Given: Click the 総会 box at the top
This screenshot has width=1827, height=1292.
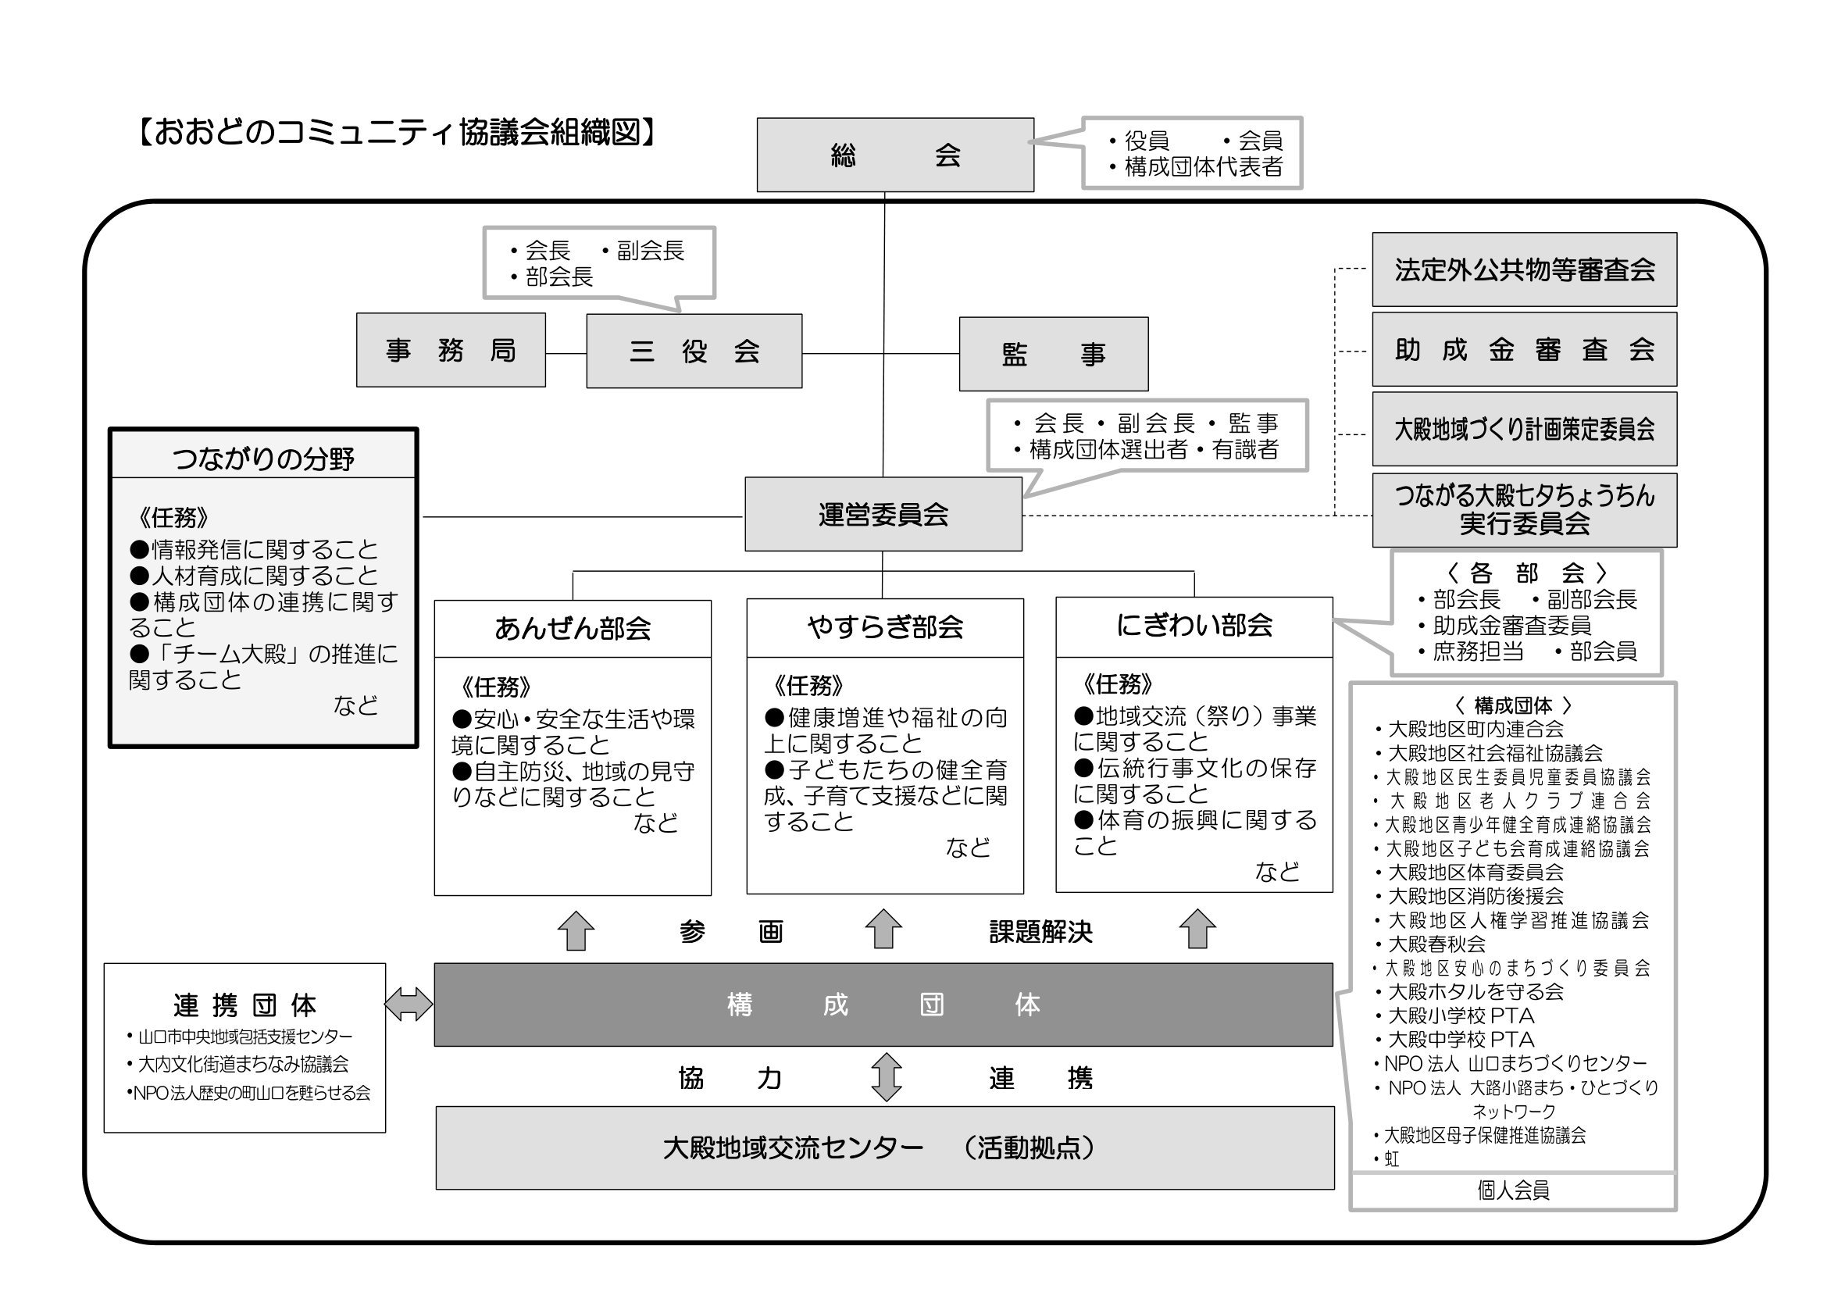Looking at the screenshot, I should [x=894, y=155].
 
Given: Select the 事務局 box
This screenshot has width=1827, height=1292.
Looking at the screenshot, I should [x=451, y=350].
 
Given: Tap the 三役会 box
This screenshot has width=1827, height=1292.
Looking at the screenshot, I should [x=694, y=351].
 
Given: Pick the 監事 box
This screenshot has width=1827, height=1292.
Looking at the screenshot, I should [x=1053, y=354].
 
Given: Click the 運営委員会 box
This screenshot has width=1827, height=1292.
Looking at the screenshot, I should [x=883, y=515].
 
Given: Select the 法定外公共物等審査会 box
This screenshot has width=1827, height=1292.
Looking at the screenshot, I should [x=1524, y=269].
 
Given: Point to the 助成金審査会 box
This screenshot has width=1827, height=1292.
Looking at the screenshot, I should [x=1524, y=349].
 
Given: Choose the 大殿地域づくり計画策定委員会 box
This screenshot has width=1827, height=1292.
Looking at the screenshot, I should [x=1524, y=430].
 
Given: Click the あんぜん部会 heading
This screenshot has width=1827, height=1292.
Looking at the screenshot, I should [x=572, y=629].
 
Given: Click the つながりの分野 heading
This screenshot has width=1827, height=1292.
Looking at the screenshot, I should [x=262, y=458].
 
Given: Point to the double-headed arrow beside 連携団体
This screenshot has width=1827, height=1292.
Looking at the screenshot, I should [x=409, y=1004].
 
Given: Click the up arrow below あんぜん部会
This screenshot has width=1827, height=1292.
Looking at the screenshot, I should [x=576, y=930].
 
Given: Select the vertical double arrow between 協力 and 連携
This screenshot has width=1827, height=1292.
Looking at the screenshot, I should [x=886, y=1076].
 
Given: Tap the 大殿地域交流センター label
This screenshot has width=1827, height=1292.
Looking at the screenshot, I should [x=793, y=1147].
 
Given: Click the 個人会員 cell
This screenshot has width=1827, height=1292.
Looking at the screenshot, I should [x=1513, y=1190].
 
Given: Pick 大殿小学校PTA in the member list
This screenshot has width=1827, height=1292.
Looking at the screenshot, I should [x=1460, y=1016].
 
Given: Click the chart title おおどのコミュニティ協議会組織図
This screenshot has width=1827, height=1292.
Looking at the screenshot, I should [x=396, y=133].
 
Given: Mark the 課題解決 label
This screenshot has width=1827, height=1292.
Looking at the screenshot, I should [x=1040, y=931].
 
